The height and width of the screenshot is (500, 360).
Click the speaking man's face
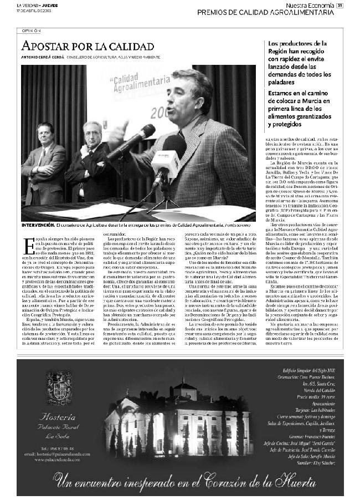(189, 96)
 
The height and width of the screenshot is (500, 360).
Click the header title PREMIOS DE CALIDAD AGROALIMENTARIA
(265, 12)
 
